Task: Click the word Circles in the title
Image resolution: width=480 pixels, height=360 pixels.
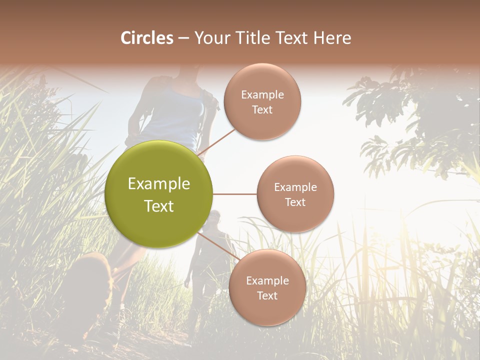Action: (x=146, y=38)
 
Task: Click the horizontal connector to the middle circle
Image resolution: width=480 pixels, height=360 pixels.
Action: (x=234, y=194)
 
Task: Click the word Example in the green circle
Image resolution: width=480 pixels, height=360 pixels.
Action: (x=159, y=184)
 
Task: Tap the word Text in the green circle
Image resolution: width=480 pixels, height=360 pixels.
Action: (x=159, y=206)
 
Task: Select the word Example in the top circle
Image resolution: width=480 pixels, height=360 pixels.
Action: (x=262, y=95)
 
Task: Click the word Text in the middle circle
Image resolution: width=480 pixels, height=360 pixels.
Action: (x=295, y=202)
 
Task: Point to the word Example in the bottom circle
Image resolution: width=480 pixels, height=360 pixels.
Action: (x=267, y=281)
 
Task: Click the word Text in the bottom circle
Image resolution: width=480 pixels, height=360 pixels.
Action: (x=267, y=296)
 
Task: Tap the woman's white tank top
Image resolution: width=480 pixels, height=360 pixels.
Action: (x=175, y=117)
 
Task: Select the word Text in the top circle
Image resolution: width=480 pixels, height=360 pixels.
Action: (x=262, y=110)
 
